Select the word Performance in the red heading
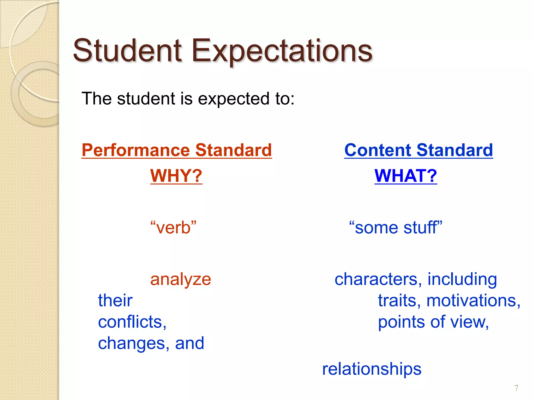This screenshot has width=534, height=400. tap(136, 150)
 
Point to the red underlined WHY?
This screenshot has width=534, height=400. tap(176, 176)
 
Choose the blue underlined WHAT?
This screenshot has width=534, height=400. tap(406, 176)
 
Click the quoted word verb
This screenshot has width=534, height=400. tap(173, 228)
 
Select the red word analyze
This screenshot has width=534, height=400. tap(180, 280)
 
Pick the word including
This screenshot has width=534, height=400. tap(462, 280)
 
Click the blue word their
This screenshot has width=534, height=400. tap(115, 301)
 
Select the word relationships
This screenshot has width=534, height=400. tap(372, 369)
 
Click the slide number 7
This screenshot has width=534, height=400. tap(516, 388)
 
